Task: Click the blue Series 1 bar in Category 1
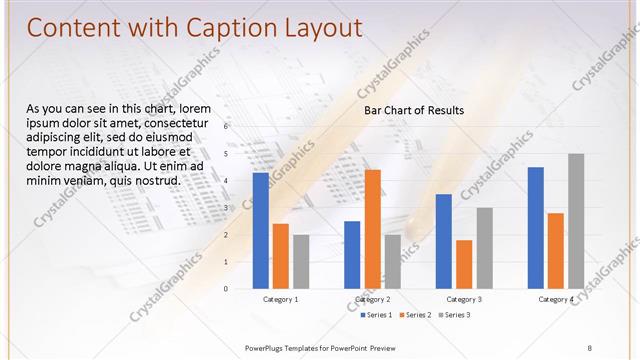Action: [x=261, y=230]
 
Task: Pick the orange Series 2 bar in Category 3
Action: [x=464, y=264]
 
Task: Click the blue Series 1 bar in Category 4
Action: [x=535, y=227]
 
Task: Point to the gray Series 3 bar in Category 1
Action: [x=301, y=261]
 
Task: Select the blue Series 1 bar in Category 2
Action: [x=352, y=254]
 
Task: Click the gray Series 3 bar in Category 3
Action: [x=484, y=247]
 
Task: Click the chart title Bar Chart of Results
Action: [x=413, y=111]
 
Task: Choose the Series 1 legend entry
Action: [x=376, y=315]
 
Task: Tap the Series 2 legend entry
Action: [x=416, y=315]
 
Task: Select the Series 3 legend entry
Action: [x=456, y=315]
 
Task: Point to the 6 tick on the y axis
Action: [x=226, y=127]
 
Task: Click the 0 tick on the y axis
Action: [x=226, y=289]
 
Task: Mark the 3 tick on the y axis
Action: [x=226, y=208]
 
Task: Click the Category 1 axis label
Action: [x=281, y=299]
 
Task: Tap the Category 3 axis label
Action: [x=464, y=299]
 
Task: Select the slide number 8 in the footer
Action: [x=589, y=346]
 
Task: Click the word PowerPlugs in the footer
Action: [x=265, y=346]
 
